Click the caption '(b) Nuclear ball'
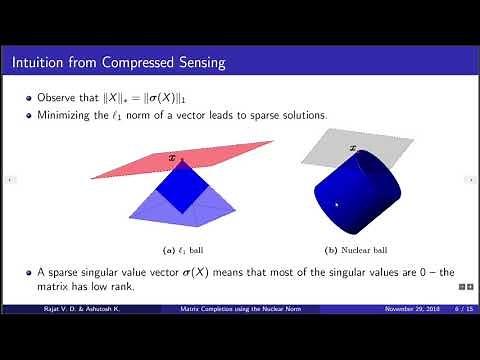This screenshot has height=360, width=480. [349, 248]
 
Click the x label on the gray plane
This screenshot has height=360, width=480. [351, 149]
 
